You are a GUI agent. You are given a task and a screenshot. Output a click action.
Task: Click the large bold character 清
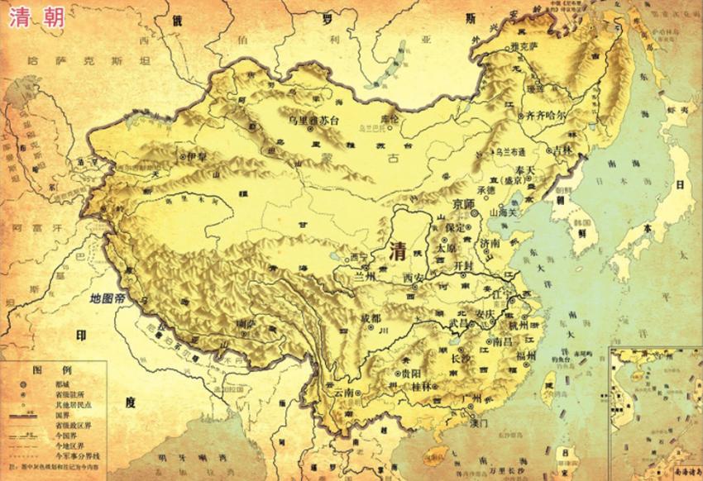tap(400, 250)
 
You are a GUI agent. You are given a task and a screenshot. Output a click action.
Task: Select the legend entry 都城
tap(64, 384)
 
